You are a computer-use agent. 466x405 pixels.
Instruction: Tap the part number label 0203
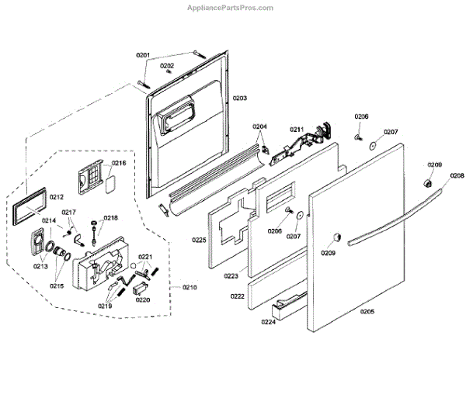click(240, 98)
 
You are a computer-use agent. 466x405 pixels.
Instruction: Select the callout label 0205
click(367, 312)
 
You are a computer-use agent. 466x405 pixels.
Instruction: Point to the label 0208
click(457, 177)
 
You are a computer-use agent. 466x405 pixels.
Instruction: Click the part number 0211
click(297, 129)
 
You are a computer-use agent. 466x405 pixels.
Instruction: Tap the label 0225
click(199, 241)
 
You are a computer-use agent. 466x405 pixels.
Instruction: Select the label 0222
click(238, 297)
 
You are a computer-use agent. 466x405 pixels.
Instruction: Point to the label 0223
click(231, 275)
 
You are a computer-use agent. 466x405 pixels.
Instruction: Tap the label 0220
click(142, 299)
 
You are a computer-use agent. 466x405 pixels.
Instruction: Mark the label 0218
click(110, 219)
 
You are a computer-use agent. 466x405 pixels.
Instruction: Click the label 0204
click(259, 126)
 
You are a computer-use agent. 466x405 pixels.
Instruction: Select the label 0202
click(167, 66)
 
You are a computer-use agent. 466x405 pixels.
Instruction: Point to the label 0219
click(105, 306)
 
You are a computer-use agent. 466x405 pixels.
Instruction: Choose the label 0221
click(146, 257)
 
